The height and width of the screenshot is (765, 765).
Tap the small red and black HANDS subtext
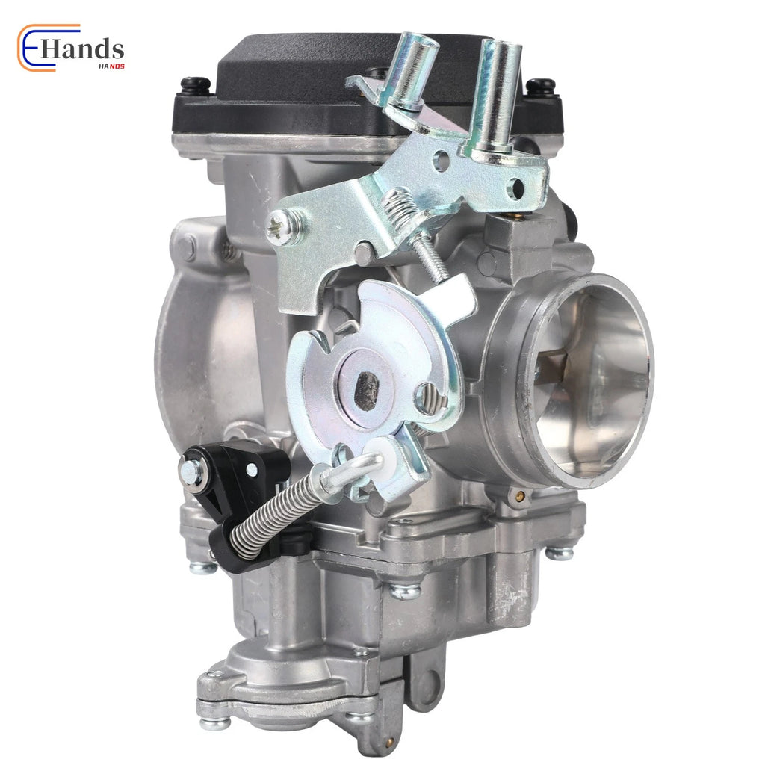point(112,66)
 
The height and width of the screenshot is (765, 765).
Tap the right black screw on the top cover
point(541,87)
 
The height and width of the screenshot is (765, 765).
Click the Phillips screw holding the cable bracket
point(283,227)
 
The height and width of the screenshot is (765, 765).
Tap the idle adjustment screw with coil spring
point(415,229)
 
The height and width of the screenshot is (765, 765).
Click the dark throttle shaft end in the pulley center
point(367,390)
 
